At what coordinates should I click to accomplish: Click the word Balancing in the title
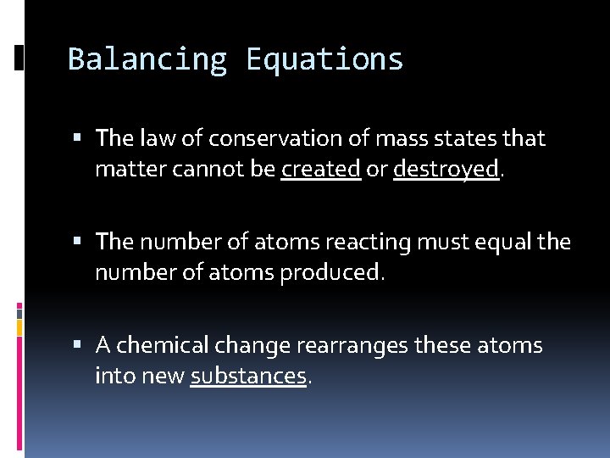click(147, 59)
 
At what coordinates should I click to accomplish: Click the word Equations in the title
click(324, 59)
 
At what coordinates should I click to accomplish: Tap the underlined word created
click(321, 170)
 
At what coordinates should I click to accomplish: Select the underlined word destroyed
click(446, 170)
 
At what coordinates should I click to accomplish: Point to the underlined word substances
click(248, 376)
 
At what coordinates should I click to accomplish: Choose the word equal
click(495, 242)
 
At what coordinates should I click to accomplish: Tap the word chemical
click(163, 346)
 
